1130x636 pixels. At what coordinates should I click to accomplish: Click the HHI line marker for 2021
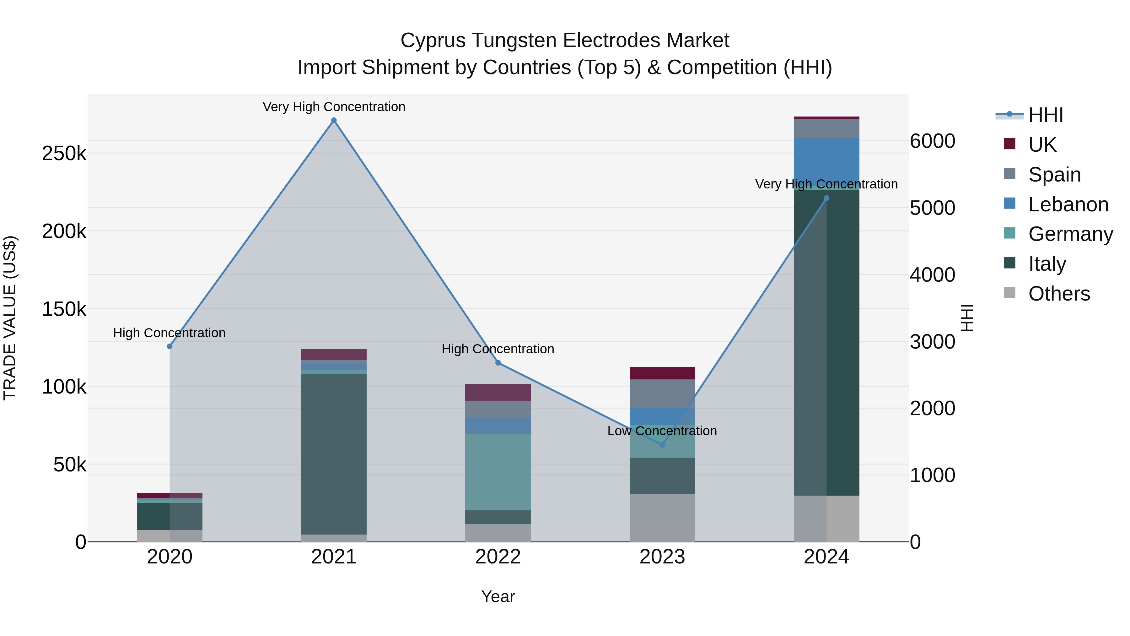[x=334, y=120]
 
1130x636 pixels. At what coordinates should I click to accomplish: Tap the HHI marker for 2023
[x=662, y=445]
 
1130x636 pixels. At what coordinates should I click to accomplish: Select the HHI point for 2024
[x=826, y=198]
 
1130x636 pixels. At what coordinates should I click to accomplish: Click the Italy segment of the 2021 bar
[x=334, y=454]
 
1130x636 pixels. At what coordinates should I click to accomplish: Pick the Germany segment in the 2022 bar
[x=498, y=472]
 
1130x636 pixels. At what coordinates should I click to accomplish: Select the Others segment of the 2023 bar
[x=662, y=518]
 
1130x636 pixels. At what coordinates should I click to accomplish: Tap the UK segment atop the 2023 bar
[x=662, y=373]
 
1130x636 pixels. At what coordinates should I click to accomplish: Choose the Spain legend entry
[x=1054, y=174]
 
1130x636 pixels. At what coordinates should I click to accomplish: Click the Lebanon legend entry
[x=1068, y=204]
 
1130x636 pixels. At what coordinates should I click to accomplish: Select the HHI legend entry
[x=1045, y=115]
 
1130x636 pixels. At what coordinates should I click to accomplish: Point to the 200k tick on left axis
[x=64, y=231]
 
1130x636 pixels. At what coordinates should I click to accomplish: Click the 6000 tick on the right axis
[x=933, y=141]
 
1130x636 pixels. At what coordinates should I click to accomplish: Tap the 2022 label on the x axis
[x=498, y=557]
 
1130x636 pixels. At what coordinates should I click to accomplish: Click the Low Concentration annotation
[x=662, y=431]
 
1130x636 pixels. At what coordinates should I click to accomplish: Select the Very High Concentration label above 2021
[x=334, y=107]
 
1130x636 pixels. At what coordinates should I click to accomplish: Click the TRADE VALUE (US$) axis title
[x=10, y=318]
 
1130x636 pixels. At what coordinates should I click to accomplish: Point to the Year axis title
[x=498, y=596]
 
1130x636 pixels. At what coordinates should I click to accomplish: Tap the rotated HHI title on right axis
[x=967, y=318]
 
